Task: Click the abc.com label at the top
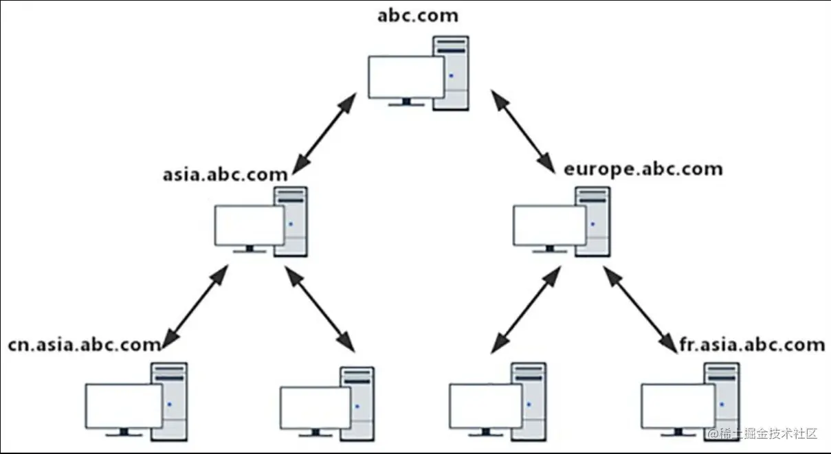[418, 15]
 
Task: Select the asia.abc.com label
[225, 174]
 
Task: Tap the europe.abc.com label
[643, 168]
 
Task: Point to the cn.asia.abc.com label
[84, 345]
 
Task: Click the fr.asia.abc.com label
[751, 343]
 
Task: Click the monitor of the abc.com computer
[406, 77]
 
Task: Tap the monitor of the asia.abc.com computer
[249, 225]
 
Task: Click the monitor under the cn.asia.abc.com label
[124, 406]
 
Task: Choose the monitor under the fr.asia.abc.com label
[678, 406]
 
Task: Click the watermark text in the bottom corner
[764, 434]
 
